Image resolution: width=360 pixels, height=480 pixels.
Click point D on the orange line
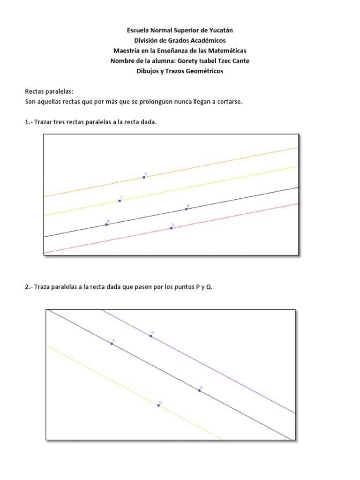pos(144,178)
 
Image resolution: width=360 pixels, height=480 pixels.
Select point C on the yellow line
pos(120,201)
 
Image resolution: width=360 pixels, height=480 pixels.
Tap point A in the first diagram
pos(106,225)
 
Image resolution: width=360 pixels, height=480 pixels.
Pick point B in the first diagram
pos(186,209)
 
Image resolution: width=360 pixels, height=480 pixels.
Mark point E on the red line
pos(172,228)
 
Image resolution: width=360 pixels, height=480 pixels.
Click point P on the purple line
pos(151,336)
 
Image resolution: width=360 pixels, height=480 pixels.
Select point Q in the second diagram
pos(158,405)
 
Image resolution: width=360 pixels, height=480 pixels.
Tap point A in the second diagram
pos(112,344)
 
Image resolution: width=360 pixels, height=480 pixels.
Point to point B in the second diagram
pos(199,390)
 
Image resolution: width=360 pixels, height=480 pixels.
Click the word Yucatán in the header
pos(219,30)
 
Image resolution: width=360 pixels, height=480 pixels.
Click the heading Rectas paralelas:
pos(49,92)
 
